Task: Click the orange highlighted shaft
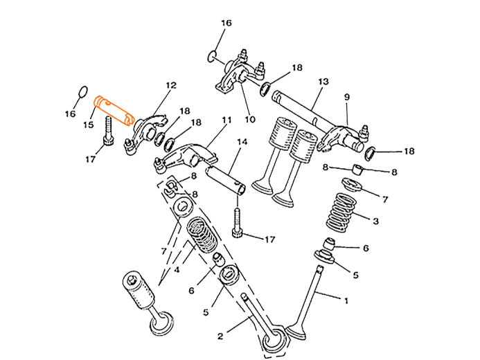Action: pyautogui.click(x=114, y=110)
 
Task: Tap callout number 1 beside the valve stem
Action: pyautogui.click(x=346, y=300)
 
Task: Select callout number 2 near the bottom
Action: pyautogui.click(x=220, y=336)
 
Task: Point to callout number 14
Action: pyautogui.click(x=242, y=142)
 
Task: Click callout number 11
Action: pyautogui.click(x=225, y=120)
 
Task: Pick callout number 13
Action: pyautogui.click(x=323, y=81)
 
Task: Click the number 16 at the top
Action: pyautogui.click(x=226, y=23)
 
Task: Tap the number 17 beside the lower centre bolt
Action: pyautogui.click(x=271, y=240)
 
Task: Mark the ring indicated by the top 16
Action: pyautogui.click(x=212, y=54)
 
